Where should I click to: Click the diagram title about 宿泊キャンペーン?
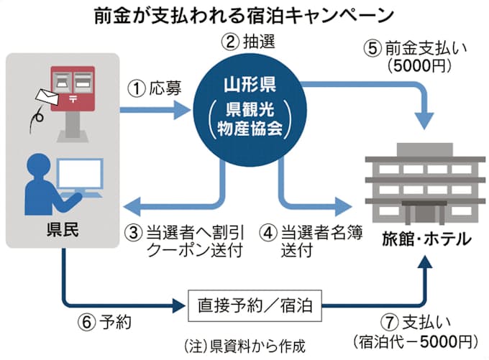click(x=244, y=14)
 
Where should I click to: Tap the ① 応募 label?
click(x=150, y=91)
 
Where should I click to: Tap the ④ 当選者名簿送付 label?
click(x=309, y=241)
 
